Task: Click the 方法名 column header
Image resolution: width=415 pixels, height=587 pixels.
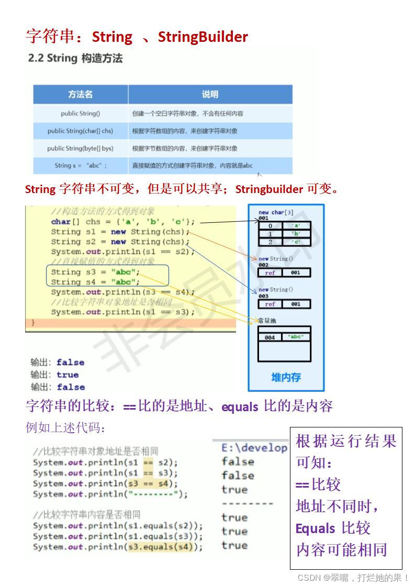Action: (80, 94)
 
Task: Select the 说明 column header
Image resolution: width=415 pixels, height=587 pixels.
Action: (210, 94)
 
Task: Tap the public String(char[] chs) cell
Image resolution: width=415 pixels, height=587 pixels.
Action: (80, 131)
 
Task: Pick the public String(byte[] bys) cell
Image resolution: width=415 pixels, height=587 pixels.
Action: (80, 148)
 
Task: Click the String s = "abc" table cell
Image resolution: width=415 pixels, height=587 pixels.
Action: (80, 165)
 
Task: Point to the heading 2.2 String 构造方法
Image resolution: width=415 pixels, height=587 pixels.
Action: (75, 59)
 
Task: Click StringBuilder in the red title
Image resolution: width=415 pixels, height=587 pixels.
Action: (203, 37)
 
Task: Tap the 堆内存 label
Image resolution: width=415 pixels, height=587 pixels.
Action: (286, 377)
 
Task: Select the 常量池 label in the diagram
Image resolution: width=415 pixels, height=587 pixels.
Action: (267, 320)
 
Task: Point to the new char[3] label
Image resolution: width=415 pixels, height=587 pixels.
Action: (276, 212)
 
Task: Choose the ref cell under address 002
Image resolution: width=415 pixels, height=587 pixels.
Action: (270, 273)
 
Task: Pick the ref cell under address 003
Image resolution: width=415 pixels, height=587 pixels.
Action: (270, 304)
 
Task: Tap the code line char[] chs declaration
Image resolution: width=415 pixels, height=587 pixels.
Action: (122, 222)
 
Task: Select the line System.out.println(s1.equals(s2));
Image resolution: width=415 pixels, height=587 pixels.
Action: (117, 526)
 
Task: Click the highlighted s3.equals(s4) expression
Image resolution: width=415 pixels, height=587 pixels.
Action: (160, 547)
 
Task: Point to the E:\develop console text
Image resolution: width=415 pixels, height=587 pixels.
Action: (254, 448)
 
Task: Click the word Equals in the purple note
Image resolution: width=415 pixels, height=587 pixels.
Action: (315, 528)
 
